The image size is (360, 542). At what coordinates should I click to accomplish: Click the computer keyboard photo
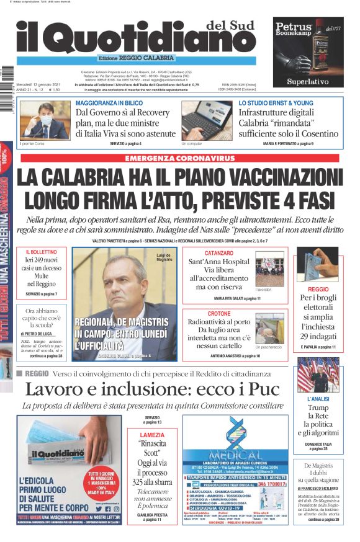point(198,120)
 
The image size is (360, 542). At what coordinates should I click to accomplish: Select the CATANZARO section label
point(219,253)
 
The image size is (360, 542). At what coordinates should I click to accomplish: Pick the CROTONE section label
point(219,314)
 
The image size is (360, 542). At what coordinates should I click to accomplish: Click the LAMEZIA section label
point(151,435)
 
